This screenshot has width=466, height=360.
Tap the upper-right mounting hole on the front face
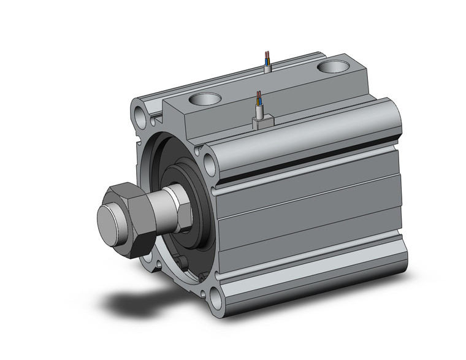click(209, 164)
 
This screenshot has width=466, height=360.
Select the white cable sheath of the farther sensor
click(268, 68)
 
